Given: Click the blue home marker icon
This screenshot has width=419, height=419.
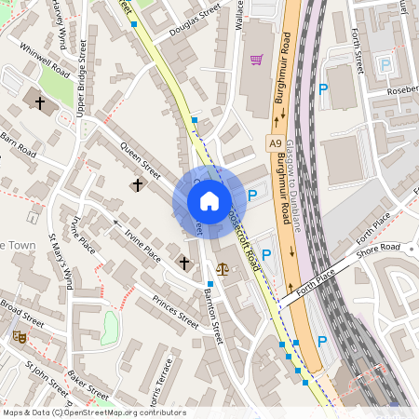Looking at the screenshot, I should (x=209, y=201).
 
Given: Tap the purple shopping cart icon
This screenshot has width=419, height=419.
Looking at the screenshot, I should (x=255, y=61).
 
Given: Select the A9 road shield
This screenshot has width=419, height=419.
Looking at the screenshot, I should (x=275, y=142).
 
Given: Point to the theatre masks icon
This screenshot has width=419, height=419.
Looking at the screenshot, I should (x=18, y=335).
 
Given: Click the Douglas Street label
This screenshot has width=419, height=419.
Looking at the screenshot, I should (x=196, y=20).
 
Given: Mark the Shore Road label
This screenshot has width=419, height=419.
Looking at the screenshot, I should (x=381, y=247).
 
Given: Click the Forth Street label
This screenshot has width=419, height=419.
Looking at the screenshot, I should (x=358, y=51).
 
